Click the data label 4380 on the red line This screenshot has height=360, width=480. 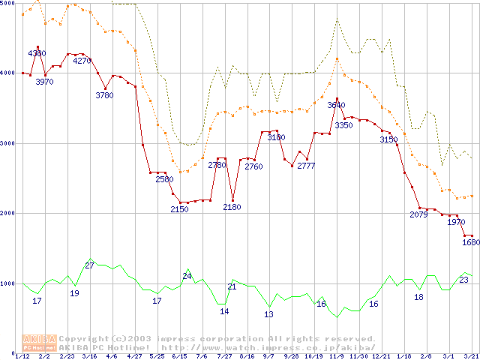click(x=37, y=53)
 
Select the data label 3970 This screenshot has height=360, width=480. click(x=44, y=82)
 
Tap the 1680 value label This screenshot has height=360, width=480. click(x=470, y=242)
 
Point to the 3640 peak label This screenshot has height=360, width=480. click(x=337, y=105)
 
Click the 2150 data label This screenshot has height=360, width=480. click(x=179, y=208)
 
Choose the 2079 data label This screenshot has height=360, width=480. click(x=418, y=214)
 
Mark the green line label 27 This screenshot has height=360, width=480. click(x=89, y=265)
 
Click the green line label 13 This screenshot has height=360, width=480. click(x=268, y=314)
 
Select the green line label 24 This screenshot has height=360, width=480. click(x=187, y=276)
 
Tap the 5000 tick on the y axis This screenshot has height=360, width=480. click(x=7, y=4)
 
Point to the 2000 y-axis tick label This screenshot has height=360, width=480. click(x=7, y=214)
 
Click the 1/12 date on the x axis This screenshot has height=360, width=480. click(x=22, y=356)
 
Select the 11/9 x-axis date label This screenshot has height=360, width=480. click(x=337, y=356)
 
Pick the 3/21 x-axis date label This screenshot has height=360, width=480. click(x=470, y=356)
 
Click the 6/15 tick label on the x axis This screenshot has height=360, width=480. click(x=179, y=356)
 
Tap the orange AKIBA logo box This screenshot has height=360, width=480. click(x=40, y=342)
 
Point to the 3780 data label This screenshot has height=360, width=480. click(x=104, y=95)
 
